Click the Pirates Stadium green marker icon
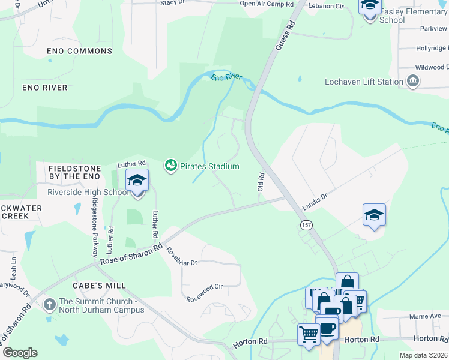point(171,165)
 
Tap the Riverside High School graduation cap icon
point(137,180)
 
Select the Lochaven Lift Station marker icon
point(413,81)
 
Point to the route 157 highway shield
point(307,224)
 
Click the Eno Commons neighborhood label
point(80,52)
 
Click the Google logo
point(20,353)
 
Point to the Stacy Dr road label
point(172,3)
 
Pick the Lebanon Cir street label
point(325,6)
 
